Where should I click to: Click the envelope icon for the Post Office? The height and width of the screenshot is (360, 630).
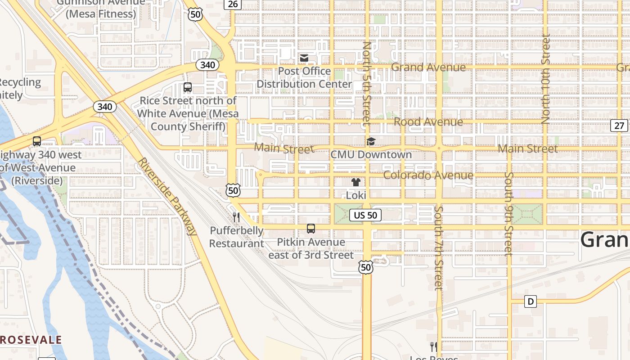point(304,58)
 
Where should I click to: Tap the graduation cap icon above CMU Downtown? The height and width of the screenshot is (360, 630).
point(371,142)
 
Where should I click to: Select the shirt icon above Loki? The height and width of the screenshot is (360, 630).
point(356,182)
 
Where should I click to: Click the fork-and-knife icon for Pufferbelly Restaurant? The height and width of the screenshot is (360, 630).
point(236,217)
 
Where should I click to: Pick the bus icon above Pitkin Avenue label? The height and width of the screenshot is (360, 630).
point(311,229)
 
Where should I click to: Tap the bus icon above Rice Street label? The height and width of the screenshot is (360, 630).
point(188,88)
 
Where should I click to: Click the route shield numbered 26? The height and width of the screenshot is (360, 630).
point(233,4)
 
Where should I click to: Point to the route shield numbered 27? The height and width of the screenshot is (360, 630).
point(620,125)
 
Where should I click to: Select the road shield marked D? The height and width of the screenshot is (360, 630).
point(531,301)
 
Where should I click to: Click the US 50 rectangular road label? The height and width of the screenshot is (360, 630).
point(365,215)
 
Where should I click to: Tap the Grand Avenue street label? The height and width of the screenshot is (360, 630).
point(428,67)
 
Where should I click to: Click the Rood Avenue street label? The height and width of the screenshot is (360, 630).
point(428,122)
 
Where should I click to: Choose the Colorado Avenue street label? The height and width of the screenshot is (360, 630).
point(428,175)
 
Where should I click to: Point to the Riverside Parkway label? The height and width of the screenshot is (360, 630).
point(167,197)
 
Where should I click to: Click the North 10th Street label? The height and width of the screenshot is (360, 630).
point(546,79)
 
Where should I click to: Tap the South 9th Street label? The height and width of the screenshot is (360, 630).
point(508,214)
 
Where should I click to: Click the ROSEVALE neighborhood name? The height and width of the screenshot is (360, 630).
point(31,340)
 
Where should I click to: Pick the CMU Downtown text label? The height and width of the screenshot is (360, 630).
point(371,155)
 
